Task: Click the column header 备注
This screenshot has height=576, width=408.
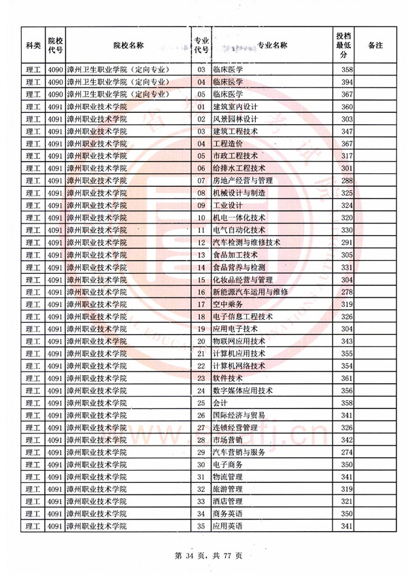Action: point(375,45)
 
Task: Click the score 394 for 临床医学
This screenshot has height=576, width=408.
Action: point(347,82)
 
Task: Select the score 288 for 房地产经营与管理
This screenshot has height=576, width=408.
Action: point(347,181)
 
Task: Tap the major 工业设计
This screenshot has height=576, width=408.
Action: point(228,205)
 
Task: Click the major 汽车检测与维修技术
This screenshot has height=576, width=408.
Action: point(247,242)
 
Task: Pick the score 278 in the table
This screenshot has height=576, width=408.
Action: point(347,291)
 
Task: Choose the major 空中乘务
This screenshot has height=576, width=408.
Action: point(228,304)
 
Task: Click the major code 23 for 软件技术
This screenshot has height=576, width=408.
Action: point(201,378)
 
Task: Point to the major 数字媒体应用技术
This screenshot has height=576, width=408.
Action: point(243,390)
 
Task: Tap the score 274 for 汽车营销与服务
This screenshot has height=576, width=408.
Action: point(347,452)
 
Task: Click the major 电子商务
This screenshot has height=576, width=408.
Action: point(228,464)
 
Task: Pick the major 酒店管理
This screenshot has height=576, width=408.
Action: point(228,501)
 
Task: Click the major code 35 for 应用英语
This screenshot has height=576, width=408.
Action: point(201,526)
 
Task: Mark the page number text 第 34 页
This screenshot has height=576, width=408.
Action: point(187,556)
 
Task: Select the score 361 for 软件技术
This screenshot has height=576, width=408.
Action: point(347,378)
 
